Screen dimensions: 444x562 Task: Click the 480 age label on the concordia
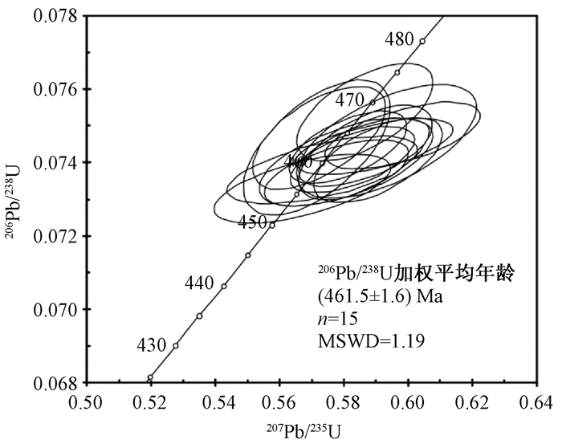point(399,39)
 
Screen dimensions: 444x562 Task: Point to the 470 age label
point(350,100)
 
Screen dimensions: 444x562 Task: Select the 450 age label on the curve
point(253,222)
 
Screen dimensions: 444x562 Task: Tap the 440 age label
point(199,283)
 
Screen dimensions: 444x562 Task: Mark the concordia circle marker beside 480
point(422,41)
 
